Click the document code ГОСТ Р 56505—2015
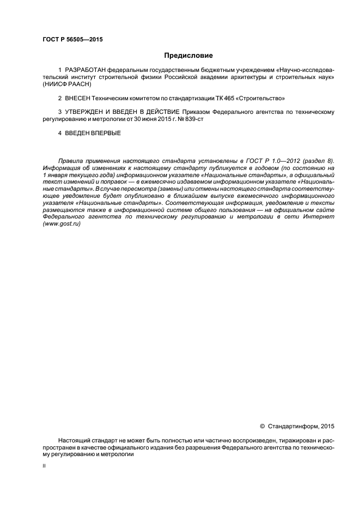click(72, 40)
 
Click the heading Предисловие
click(188, 56)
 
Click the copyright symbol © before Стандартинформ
click(262, 426)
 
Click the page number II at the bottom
click(44, 466)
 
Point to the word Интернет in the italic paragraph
click(316, 217)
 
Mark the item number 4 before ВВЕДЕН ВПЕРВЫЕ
click(59, 132)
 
